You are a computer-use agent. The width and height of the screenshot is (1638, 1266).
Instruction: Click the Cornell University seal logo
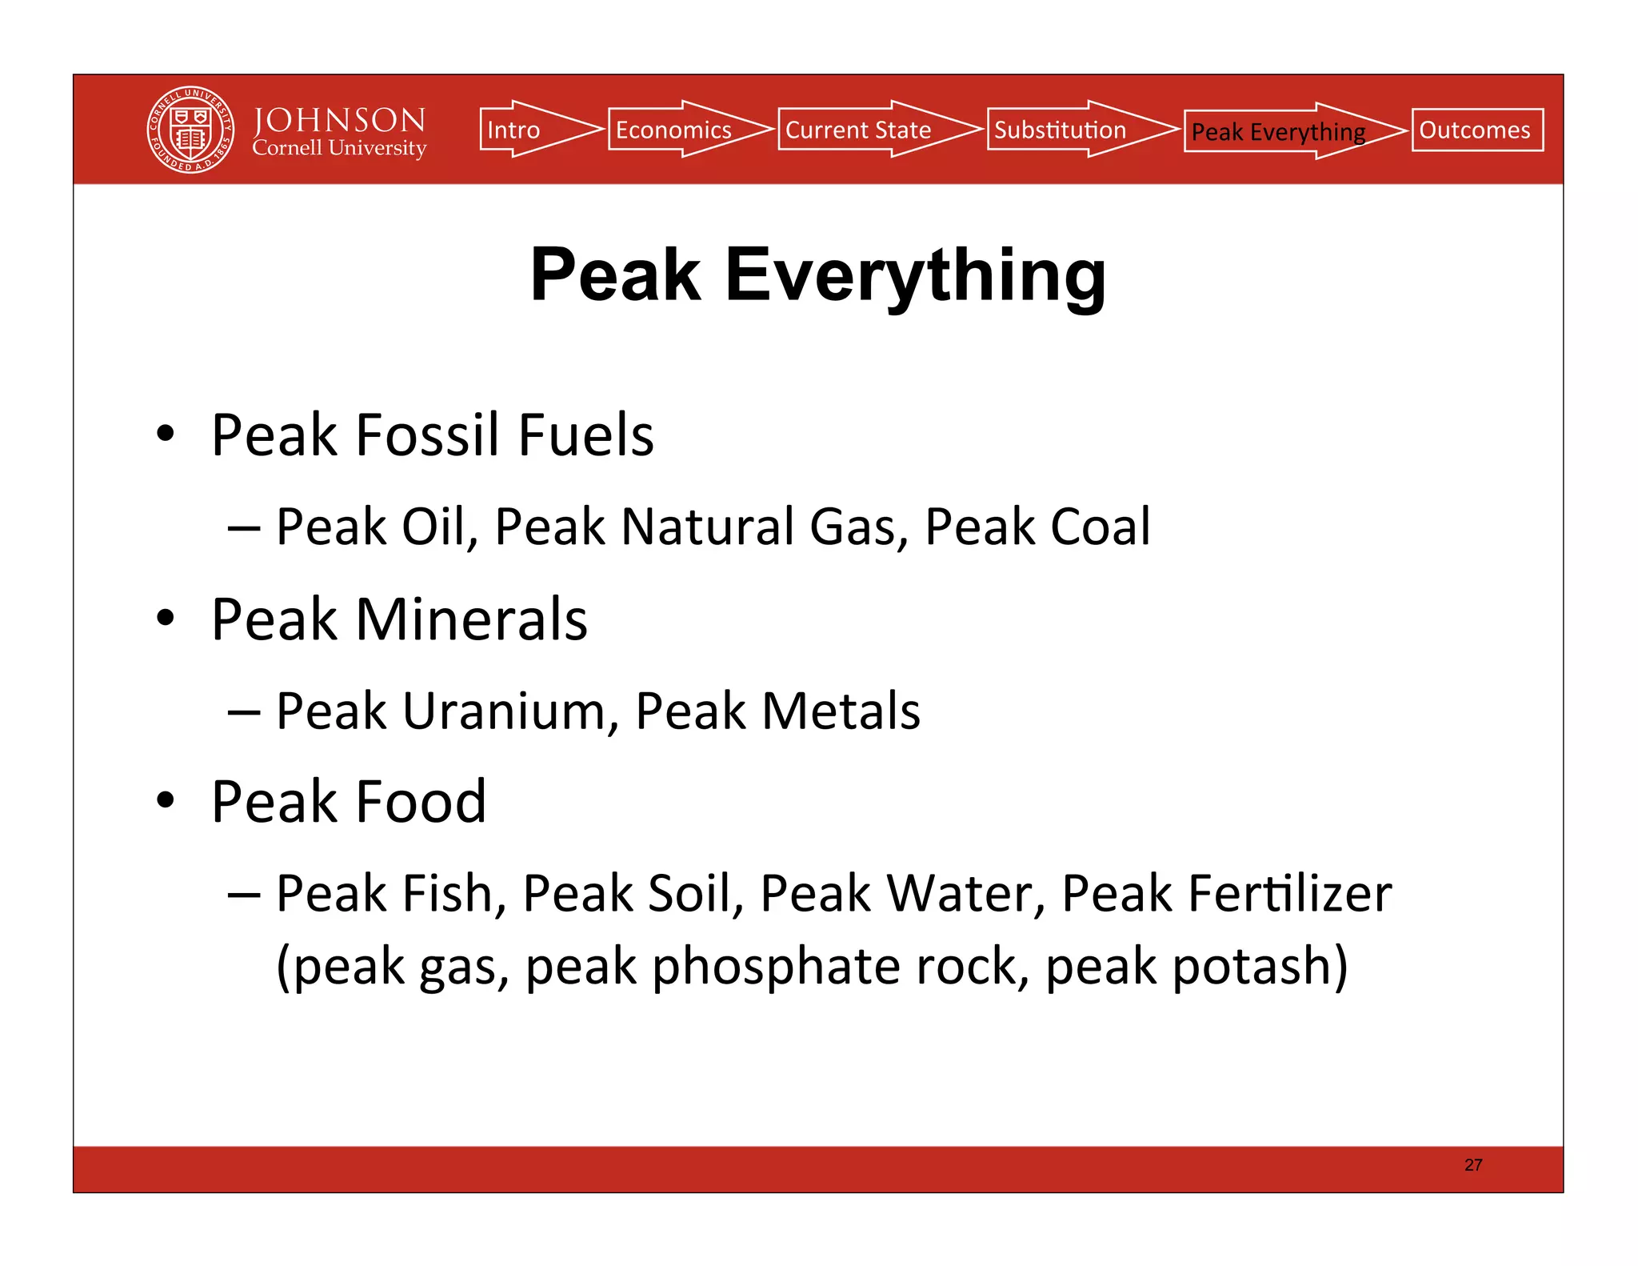190,130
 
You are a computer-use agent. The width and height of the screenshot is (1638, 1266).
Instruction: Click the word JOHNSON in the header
339,120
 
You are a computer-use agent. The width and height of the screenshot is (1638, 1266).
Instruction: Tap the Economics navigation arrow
680,130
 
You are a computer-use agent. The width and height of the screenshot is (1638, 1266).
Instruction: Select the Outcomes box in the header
1476,130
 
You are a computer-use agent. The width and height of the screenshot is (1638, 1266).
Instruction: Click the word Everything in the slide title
915,275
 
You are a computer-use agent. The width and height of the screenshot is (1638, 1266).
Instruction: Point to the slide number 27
1473,1165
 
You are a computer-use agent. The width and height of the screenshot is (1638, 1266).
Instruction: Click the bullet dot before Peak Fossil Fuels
166,434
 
